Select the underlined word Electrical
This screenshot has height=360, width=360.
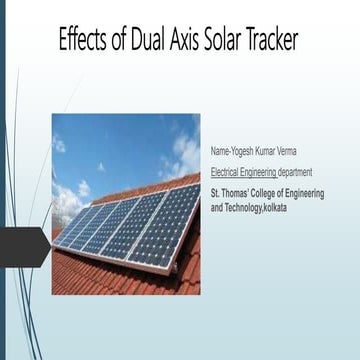coord(227,172)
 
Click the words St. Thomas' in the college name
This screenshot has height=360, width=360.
coord(233,193)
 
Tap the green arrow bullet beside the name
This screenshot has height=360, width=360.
coord(204,150)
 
